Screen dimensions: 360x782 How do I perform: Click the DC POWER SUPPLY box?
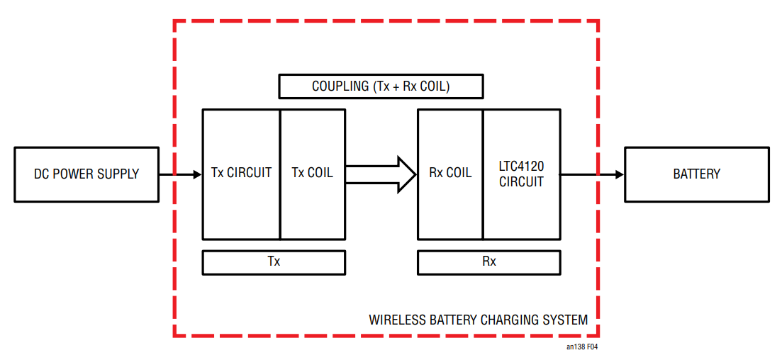[x=86, y=174]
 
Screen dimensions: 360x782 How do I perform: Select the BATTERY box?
[x=696, y=174]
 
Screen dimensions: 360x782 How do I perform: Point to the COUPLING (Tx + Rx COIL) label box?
[x=381, y=86]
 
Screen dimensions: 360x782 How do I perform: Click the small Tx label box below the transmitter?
[x=274, y=262]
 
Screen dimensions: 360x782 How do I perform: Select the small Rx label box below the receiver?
[x=489, y=262]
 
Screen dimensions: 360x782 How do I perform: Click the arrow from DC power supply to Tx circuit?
[x=181, y=174]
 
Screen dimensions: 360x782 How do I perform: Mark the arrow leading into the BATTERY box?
[x=592, y=174]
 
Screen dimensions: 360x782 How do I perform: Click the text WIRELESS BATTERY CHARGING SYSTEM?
[x=478, y=320]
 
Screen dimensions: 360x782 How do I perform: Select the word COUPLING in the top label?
[x=340, y=86]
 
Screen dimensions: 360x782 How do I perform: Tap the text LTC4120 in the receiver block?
[x=522, y=167]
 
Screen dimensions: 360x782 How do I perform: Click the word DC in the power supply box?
[x=41, y=174]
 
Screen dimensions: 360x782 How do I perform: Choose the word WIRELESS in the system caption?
[x=398, y=320]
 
